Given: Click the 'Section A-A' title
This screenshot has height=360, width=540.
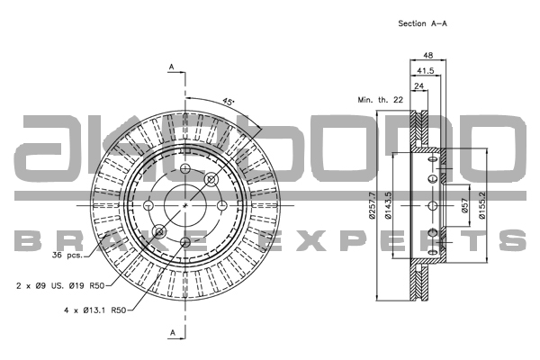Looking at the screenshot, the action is [422, 23].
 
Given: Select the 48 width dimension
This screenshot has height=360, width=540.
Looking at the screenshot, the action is [427, 55].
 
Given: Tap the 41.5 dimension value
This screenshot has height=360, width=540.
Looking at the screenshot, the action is [426, 70].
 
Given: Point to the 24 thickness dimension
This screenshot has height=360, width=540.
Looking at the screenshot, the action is [418, 85].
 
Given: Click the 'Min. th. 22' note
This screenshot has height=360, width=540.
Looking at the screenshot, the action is [380, 100].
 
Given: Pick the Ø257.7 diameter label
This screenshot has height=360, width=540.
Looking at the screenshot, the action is [372, 205].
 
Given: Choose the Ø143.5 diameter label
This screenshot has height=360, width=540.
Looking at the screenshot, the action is [388, 205].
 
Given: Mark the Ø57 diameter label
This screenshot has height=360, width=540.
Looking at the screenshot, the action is [464, 206].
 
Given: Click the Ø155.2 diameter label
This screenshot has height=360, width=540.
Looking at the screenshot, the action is [481, 205].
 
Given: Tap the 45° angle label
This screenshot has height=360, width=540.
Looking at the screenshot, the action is [228, 102].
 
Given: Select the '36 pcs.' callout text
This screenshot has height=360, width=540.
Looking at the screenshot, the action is [67, 256].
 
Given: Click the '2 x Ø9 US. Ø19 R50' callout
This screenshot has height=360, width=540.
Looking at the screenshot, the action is [60, 285].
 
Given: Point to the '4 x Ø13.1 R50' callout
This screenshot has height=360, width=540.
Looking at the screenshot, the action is [95, 310].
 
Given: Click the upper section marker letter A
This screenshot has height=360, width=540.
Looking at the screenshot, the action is [172, 67].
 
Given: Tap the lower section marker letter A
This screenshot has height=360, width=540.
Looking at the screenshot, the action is [173, 332].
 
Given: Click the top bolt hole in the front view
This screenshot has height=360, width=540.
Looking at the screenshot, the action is [185, 168].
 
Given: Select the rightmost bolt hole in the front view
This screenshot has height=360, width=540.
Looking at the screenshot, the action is [222, 205].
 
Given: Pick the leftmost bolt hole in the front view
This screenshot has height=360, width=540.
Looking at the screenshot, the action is [148, 205].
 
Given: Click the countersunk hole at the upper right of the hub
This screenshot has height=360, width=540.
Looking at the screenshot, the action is [211, 179].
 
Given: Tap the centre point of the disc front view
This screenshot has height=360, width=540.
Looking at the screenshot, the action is [185, 205].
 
